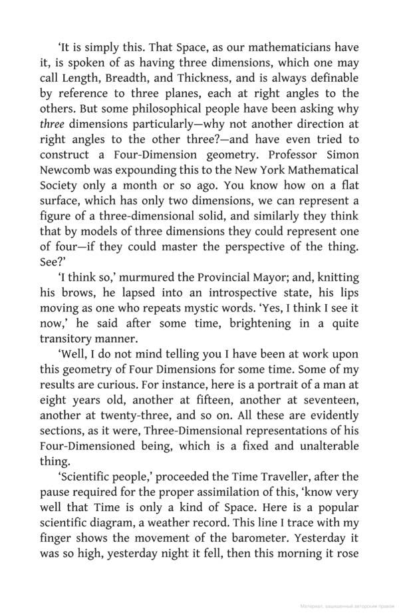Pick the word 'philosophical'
point(174,108)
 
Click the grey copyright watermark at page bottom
point(346,607)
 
